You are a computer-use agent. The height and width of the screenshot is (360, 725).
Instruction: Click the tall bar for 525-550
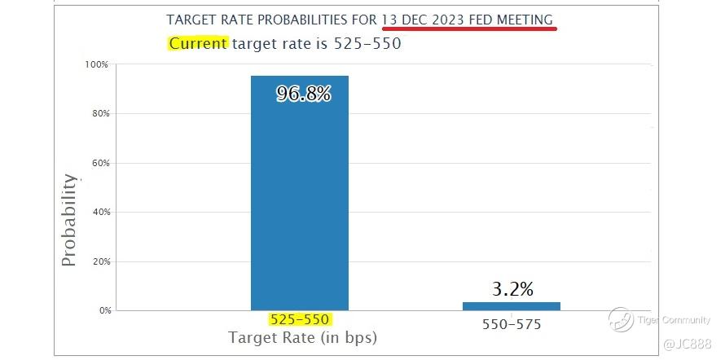(x=299, y=195)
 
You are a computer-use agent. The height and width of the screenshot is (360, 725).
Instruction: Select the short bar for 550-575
(x=511, y=306)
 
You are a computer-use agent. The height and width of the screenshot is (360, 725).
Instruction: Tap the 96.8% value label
(x=303, y=94)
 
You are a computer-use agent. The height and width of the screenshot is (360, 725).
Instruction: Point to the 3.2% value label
(x=512, y=289)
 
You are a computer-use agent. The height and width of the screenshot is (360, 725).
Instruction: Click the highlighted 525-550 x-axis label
(x=299, y=321)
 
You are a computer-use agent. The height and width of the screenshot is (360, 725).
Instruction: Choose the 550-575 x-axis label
(x=512, y=324)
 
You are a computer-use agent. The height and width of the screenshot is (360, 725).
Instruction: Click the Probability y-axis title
(x=70, y=220)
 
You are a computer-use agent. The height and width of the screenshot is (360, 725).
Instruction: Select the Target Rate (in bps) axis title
(x=302, y=337)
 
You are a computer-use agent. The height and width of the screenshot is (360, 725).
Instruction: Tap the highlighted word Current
(x=198, y=43)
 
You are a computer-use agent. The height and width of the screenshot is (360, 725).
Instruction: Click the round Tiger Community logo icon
(x=621, y=320)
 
